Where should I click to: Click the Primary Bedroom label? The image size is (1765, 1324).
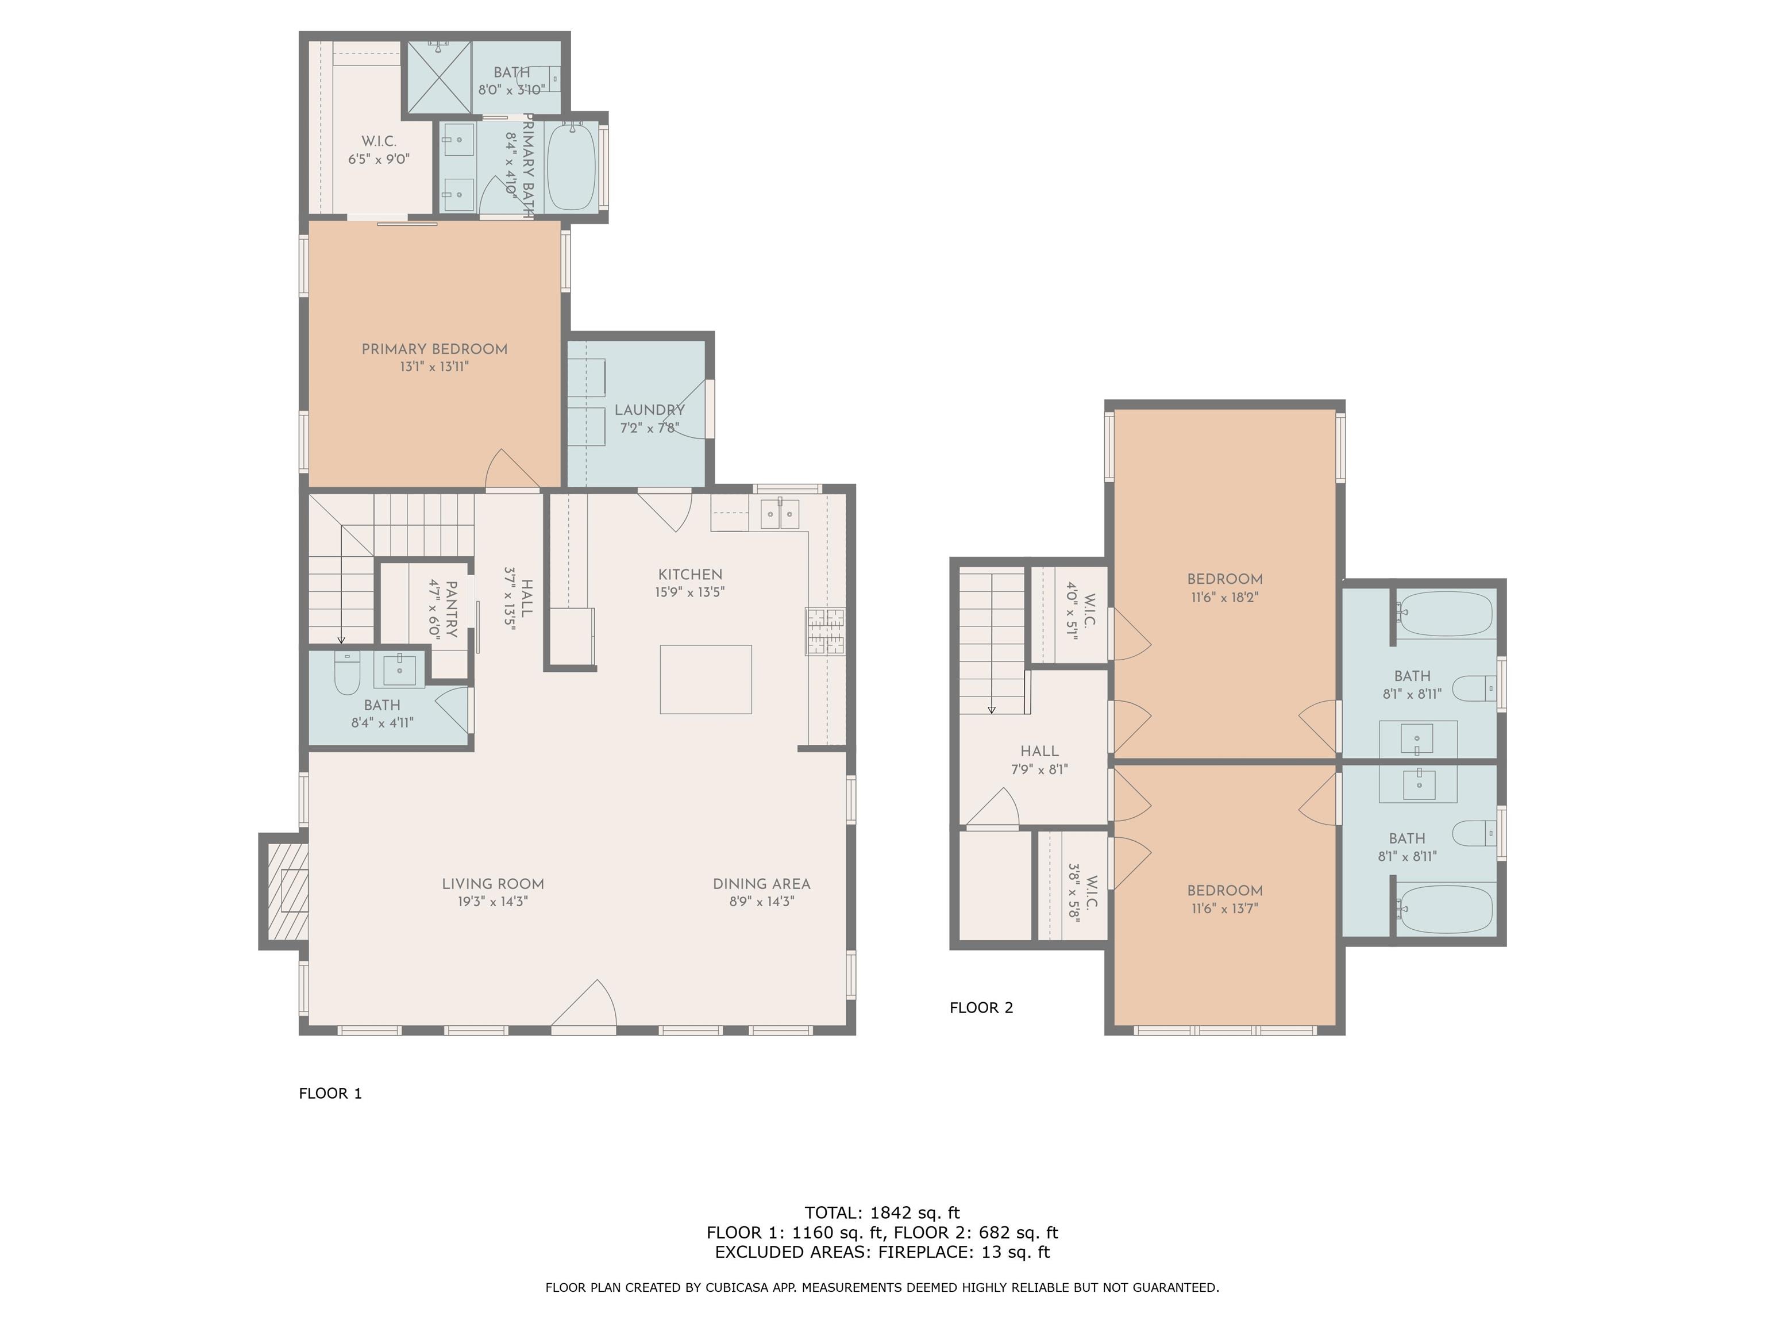434,349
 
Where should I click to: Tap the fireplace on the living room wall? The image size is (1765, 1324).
284,891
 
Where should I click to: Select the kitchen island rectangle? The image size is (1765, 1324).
706,678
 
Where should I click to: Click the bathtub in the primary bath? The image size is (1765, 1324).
571,166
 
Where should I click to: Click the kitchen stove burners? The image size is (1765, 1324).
825,632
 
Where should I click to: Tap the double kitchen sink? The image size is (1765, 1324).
779,513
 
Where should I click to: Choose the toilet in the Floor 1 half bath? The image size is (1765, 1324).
347,673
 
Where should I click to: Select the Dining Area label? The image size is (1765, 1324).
761,883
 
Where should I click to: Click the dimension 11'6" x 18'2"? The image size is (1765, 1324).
1225,597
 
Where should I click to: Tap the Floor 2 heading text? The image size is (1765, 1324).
981,1007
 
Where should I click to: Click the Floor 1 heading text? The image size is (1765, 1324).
330,1094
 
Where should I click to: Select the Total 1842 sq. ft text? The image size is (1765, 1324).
882,1213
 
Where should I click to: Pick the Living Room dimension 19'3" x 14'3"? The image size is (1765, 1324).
492,902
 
